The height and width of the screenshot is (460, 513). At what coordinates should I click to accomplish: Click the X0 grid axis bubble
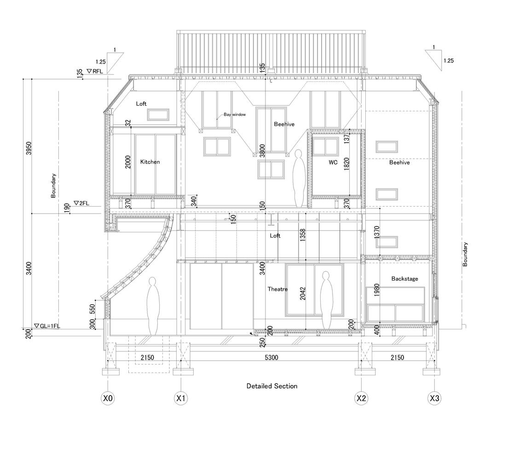click(x=108, y=398)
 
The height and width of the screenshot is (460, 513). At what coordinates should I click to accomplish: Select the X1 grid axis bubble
click(x=181, y=398)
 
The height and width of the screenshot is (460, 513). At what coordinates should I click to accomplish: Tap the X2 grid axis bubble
click(x=361, y=398)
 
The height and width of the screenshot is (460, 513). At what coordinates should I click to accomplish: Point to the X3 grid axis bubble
click(x=434, y=398)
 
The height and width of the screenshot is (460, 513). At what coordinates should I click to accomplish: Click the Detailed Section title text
click(x=272, y=386)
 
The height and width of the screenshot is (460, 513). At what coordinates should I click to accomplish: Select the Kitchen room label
click(x=150, y=161)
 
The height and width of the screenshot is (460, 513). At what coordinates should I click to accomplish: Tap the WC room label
click(x=333, y=162)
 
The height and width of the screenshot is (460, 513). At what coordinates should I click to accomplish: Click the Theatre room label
click(x=277, y=289)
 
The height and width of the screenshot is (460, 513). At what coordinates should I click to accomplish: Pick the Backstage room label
click(x=405, y=279)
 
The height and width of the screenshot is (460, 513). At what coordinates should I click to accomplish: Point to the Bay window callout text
click(x=235, y=115)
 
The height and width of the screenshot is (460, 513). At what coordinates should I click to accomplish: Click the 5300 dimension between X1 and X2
click(x=271, y=357)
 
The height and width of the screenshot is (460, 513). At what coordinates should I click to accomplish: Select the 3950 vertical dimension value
click(x=29, y=148)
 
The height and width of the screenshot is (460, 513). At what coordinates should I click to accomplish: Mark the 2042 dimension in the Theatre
click(x=302, y=293)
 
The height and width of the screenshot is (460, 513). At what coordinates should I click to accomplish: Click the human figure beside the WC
click(x=299, y=178)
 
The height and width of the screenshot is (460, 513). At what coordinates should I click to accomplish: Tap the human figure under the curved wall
click(x=153, y=306)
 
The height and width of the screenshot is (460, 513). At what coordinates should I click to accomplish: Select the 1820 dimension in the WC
click(x=347, y=164)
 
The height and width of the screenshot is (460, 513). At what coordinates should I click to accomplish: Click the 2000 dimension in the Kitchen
click(x=128, y=162)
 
